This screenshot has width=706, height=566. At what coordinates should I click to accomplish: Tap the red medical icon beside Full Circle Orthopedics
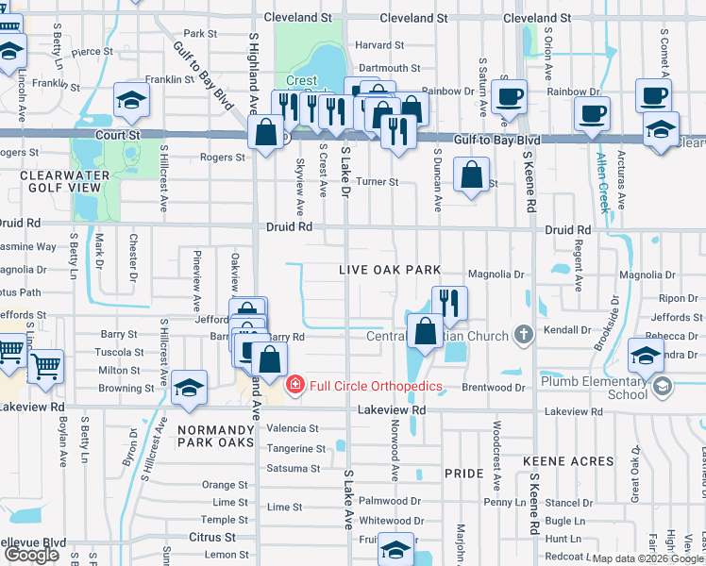pyautogui.click(x=295, y=386)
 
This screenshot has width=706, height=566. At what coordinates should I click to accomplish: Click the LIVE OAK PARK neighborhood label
pyautogui.click(x=391, y=270)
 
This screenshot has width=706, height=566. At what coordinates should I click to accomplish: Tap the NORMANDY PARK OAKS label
pyautogui.click(x=215, y=435)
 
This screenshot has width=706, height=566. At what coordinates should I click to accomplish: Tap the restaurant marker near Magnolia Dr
pyautogui.click(x=450, y=303)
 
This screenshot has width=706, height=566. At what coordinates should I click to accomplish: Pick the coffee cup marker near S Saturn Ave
pyautogui.click(x=509, y=95)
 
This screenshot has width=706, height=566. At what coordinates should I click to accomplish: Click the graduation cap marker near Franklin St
pyautogui.click(x=131, y=99)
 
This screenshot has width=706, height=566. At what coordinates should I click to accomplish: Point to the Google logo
pyautogui.click(x=31, y=555)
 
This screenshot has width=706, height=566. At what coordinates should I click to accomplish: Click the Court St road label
pyautogui.click(x=118, y=135)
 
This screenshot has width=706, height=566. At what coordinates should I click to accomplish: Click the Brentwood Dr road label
pyautogui.click(x=493, y=388)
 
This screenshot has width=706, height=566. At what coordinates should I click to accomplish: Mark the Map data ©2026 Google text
pyautogui.click(x=647, y=558)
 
